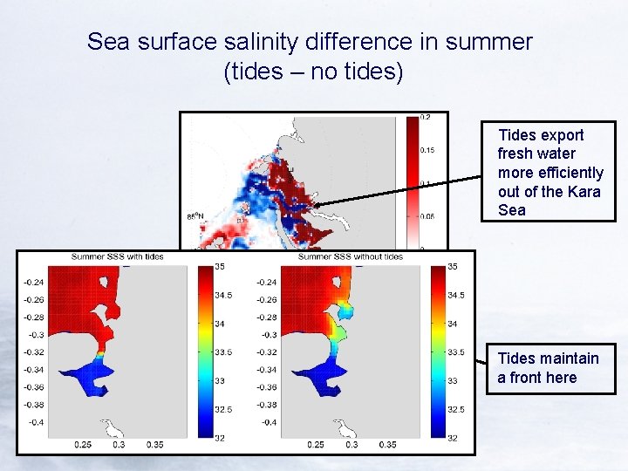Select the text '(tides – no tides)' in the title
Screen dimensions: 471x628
(313, 71)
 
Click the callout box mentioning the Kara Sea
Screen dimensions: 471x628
(549, 172)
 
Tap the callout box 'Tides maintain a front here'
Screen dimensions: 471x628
(549, 367)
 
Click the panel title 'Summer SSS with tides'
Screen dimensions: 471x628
(118, 256)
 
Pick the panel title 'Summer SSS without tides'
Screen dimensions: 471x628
(351, 256)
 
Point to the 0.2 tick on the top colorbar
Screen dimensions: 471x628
(426, 117)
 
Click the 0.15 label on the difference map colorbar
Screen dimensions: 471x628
(427, 150)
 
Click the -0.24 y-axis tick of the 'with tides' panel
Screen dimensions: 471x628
(33, 282)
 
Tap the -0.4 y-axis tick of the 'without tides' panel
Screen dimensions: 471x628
(268, 422)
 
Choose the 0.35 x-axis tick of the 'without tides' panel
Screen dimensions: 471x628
(386, 445)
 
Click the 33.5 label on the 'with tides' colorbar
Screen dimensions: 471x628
(224, 352)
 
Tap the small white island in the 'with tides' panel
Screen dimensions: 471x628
(113, 427)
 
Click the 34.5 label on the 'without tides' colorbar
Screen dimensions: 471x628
(457, 296)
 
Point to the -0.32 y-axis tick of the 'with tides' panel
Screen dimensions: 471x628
(33, 352)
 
